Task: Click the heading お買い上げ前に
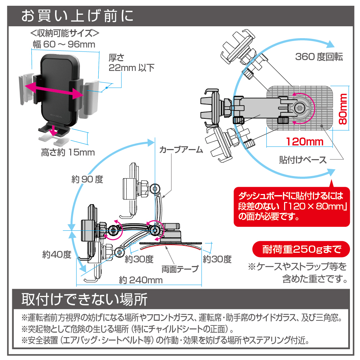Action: pos(77,16)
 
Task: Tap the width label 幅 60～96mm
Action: pos(64,45)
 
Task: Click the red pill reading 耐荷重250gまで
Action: pos(301,249)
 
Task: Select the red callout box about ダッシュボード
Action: pos(292,207)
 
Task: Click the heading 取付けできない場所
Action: pos(84,299)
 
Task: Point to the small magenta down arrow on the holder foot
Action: pos(53,130)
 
